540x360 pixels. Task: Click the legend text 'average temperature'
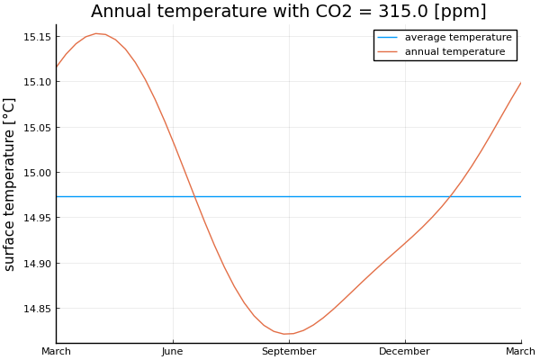(458, 38)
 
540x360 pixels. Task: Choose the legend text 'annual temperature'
(454, 52)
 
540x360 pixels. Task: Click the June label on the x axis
(172, 351)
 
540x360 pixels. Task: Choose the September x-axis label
(288, 351)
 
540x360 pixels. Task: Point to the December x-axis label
(404, 351)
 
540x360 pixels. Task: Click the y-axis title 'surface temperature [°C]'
(11, 184)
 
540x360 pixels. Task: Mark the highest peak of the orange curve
(96, 33)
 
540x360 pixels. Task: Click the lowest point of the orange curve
(287, 334)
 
